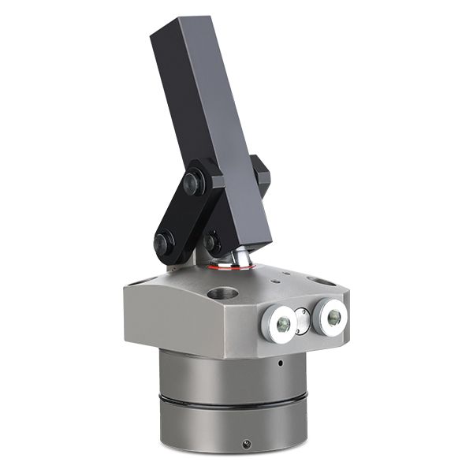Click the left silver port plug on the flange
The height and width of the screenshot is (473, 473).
[x=278, y=322]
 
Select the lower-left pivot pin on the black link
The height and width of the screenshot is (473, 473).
[x=165, y=242]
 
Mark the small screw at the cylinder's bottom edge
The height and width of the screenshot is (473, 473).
[x=247, y=444]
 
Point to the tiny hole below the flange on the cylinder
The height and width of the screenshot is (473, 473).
[x=280, y=363]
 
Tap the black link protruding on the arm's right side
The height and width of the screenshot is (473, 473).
[x=260, y=175]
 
